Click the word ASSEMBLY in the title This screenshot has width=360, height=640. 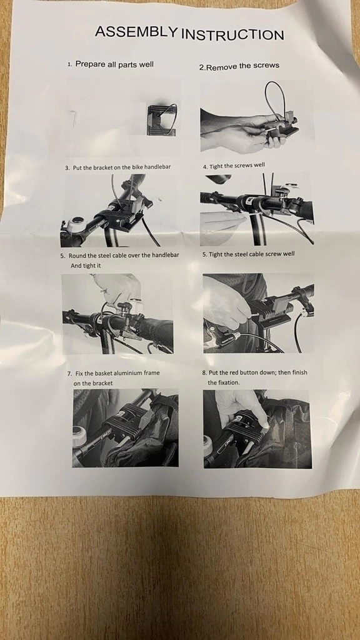tap(136, 31)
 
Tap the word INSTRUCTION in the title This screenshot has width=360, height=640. tap(232, 35)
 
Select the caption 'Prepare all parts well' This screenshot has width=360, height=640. tap(115, 64)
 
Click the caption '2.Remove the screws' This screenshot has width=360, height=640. tap(239, 66)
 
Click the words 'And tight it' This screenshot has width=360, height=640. tap(86, 266)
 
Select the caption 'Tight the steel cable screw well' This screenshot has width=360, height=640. tap(251, 254)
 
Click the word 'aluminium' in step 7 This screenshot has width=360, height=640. tap(118, 373)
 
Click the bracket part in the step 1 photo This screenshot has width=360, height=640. tap(162, 120)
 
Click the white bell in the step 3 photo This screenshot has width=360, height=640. tap(76, 224)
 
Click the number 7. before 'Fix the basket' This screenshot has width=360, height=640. tap(69, 374)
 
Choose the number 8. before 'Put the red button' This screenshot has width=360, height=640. tap(205, 373)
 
